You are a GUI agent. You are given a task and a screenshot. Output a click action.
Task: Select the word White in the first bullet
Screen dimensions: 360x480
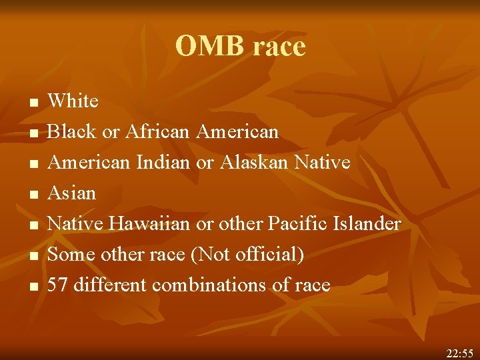coord(73,101)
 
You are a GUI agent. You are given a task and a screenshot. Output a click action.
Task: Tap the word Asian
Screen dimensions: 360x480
coord(72,193)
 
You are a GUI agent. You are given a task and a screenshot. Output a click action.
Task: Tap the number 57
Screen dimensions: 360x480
coord(59,285)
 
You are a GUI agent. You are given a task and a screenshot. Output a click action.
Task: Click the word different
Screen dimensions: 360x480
coord(111,285)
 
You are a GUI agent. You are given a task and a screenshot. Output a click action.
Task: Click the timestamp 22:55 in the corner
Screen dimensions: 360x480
coord(459,351)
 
